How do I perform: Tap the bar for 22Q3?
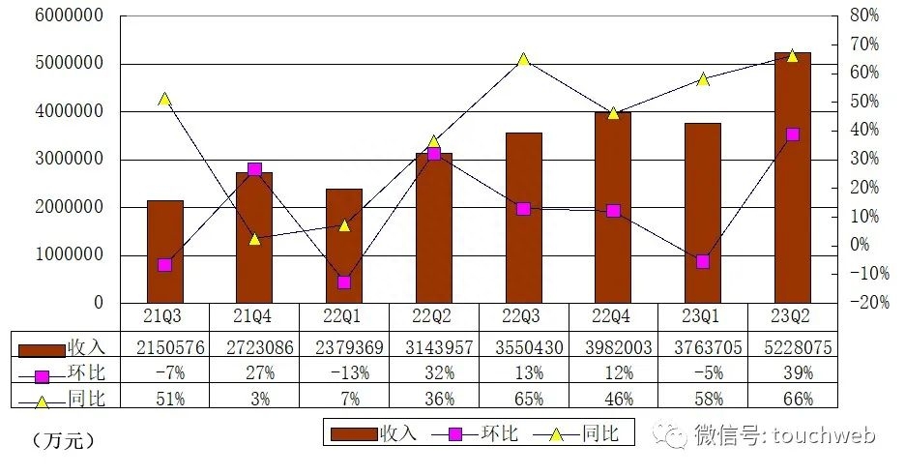[523, 218]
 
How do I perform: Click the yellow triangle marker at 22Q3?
[523, 60]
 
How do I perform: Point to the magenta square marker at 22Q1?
[344, 282]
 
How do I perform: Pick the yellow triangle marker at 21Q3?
[164, 100]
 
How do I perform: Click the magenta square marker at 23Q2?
[792, 134]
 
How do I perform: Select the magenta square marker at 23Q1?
[703, 261]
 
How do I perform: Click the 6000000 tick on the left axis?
[61, 16]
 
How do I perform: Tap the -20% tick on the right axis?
[861, 303]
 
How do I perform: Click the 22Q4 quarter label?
[613, 314]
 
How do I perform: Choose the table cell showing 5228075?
[792, 346]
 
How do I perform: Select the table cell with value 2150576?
[164, 346]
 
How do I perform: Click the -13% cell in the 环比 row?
[344, 372]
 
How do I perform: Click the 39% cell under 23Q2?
[792, 372]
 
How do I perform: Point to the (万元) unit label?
[64, 441]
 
